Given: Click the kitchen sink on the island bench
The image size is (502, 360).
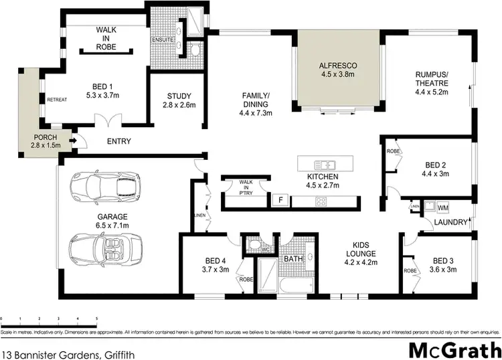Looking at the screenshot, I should [x=326, y=164].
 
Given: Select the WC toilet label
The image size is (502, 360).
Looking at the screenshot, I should [x=265, y=250].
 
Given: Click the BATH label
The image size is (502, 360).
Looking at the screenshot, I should [x=293, y=258].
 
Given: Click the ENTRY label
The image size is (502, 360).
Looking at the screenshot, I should [x=119, y=141].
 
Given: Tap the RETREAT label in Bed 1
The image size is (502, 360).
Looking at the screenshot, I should [x=56, y=100].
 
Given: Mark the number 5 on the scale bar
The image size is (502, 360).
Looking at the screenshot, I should [x=97, y=319].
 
